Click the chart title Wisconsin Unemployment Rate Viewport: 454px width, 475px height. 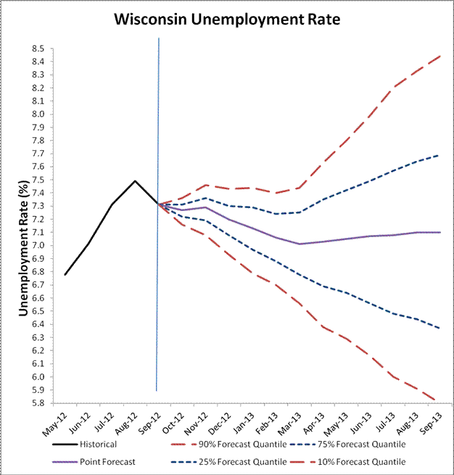tap(227, 20)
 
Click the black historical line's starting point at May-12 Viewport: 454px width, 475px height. tap(65, 274)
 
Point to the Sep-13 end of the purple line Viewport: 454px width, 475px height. tap(440, 232)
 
